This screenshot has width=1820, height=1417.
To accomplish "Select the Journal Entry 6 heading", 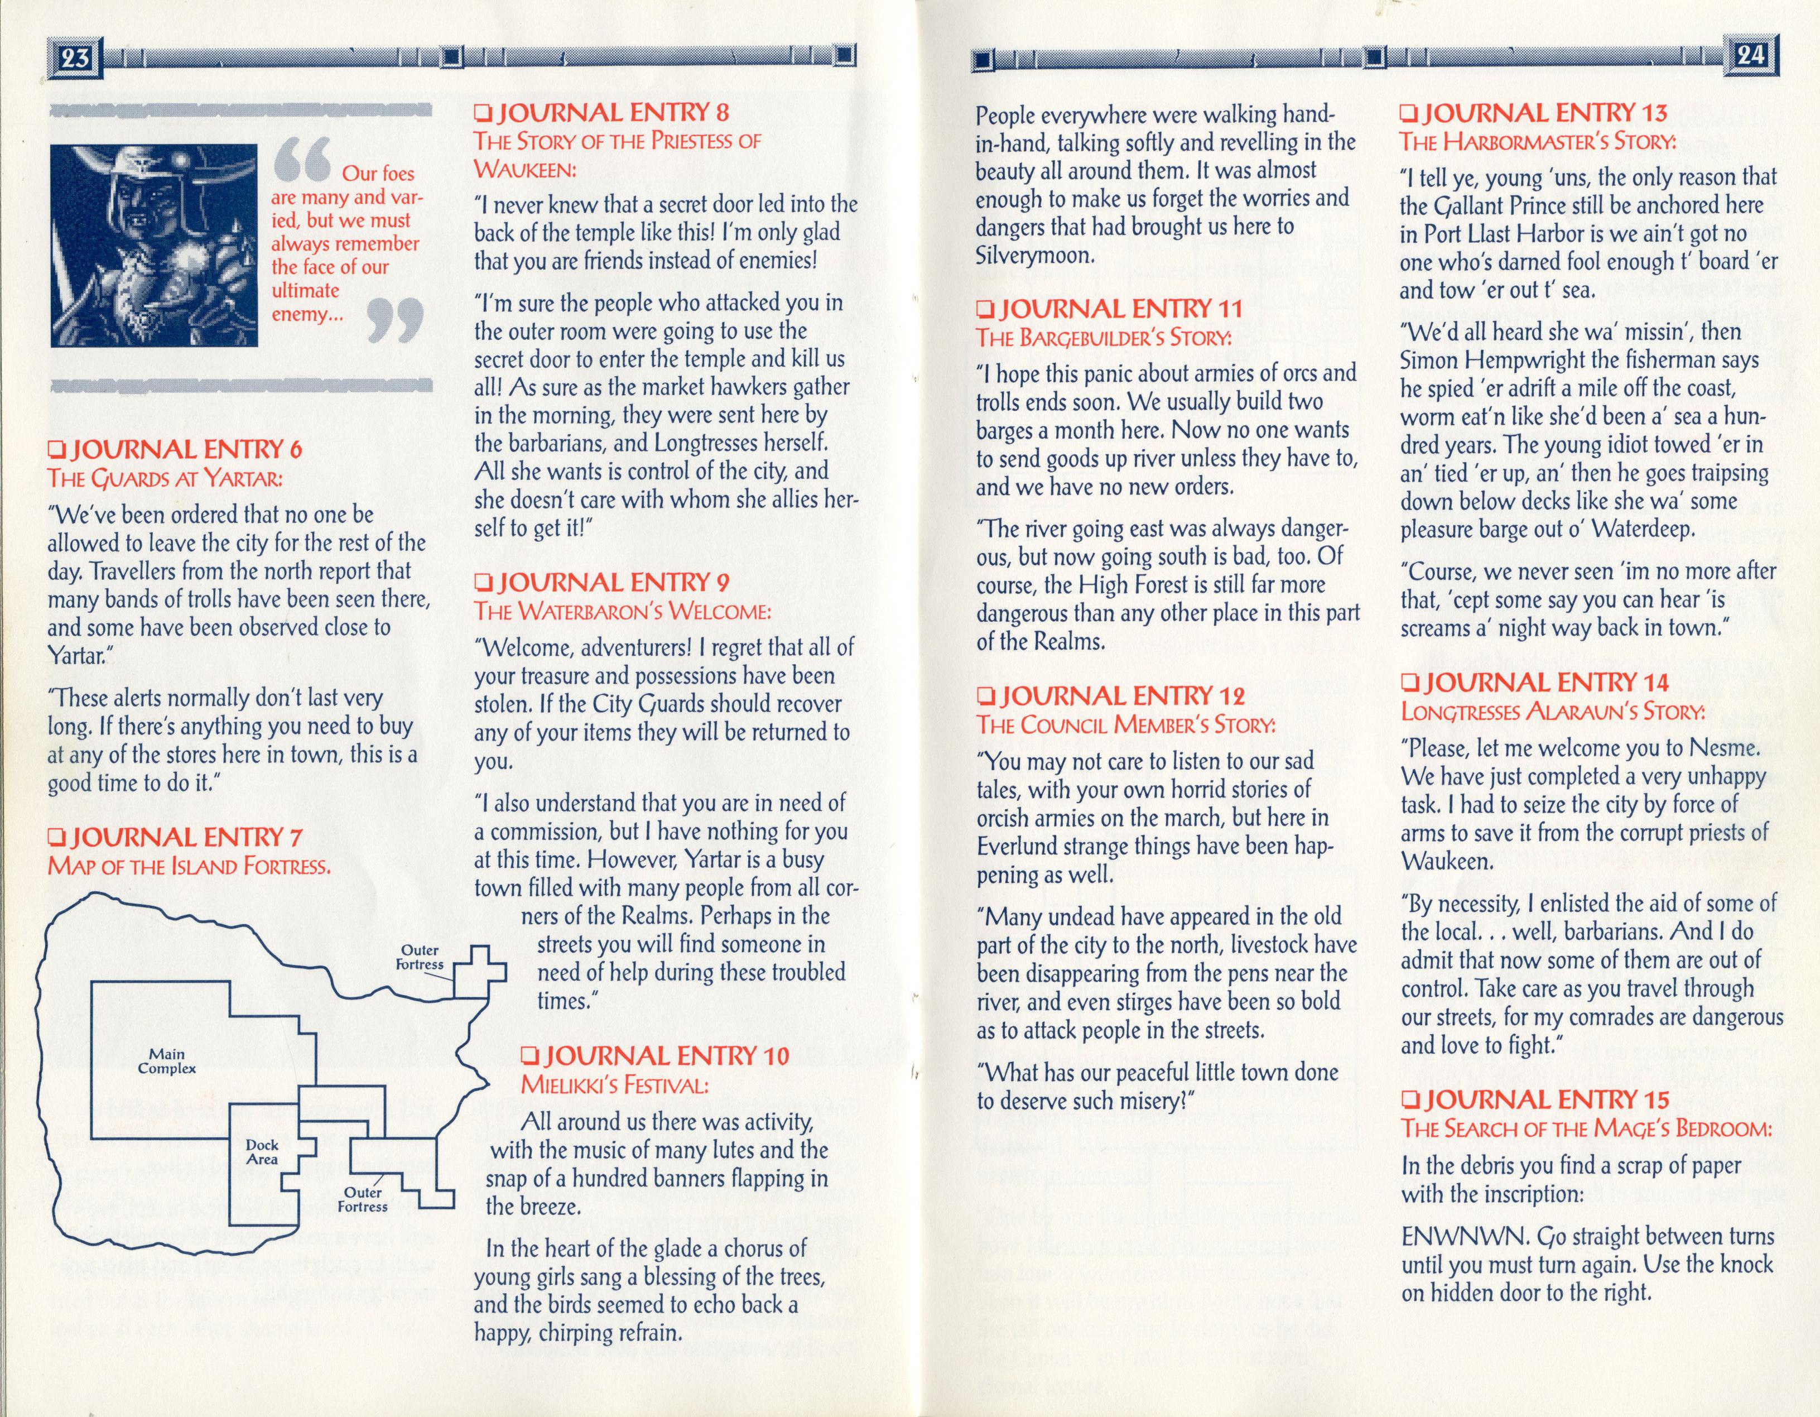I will coord(175,450).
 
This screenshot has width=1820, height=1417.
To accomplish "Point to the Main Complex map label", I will coord(167,1061).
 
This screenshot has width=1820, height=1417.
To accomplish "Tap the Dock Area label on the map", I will coord(262,1152).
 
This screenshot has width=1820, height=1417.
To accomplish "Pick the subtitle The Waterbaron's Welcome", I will coord(623,611).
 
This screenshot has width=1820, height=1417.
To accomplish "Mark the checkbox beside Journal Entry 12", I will coord(986,696).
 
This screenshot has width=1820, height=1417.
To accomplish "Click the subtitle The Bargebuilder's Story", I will coord(1104,338).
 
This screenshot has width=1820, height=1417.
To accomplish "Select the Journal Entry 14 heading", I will coord(1535,683).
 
